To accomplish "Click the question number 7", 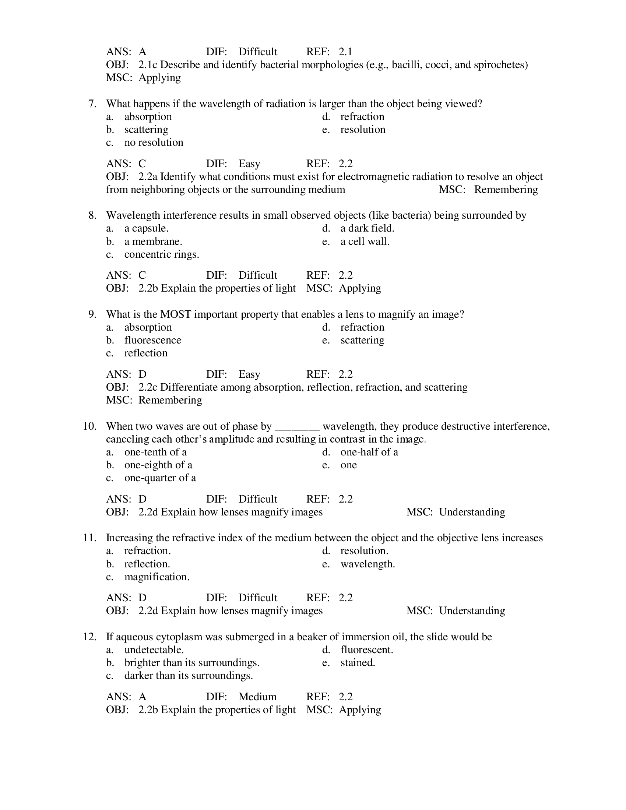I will [x=92, y=104].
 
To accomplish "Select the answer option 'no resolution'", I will [x=154, y=142].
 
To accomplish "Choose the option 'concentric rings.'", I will [x=162, y=254].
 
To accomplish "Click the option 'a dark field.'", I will [x=367, y=229].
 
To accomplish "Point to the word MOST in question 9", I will [x=175, y=314].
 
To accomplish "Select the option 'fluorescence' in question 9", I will [x=153, y=340].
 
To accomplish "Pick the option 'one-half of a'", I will [x=369, y=452].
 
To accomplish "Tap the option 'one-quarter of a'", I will [x=160, y=478].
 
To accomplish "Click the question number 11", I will [x=90, y=538].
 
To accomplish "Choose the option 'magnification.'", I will [x=157, y=577].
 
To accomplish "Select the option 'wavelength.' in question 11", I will [x=367, y=564].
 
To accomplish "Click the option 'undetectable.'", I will [x=154, y=650].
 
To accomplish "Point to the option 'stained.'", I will [x=358, y=663].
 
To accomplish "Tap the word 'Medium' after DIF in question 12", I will [x=257, y=697].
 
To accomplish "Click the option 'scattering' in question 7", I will [x=146, y=130].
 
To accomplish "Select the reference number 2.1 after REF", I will [x=345, y=52].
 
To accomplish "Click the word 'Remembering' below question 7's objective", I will [x=506, y=190].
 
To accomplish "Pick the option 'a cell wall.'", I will [x=365, y=242].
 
